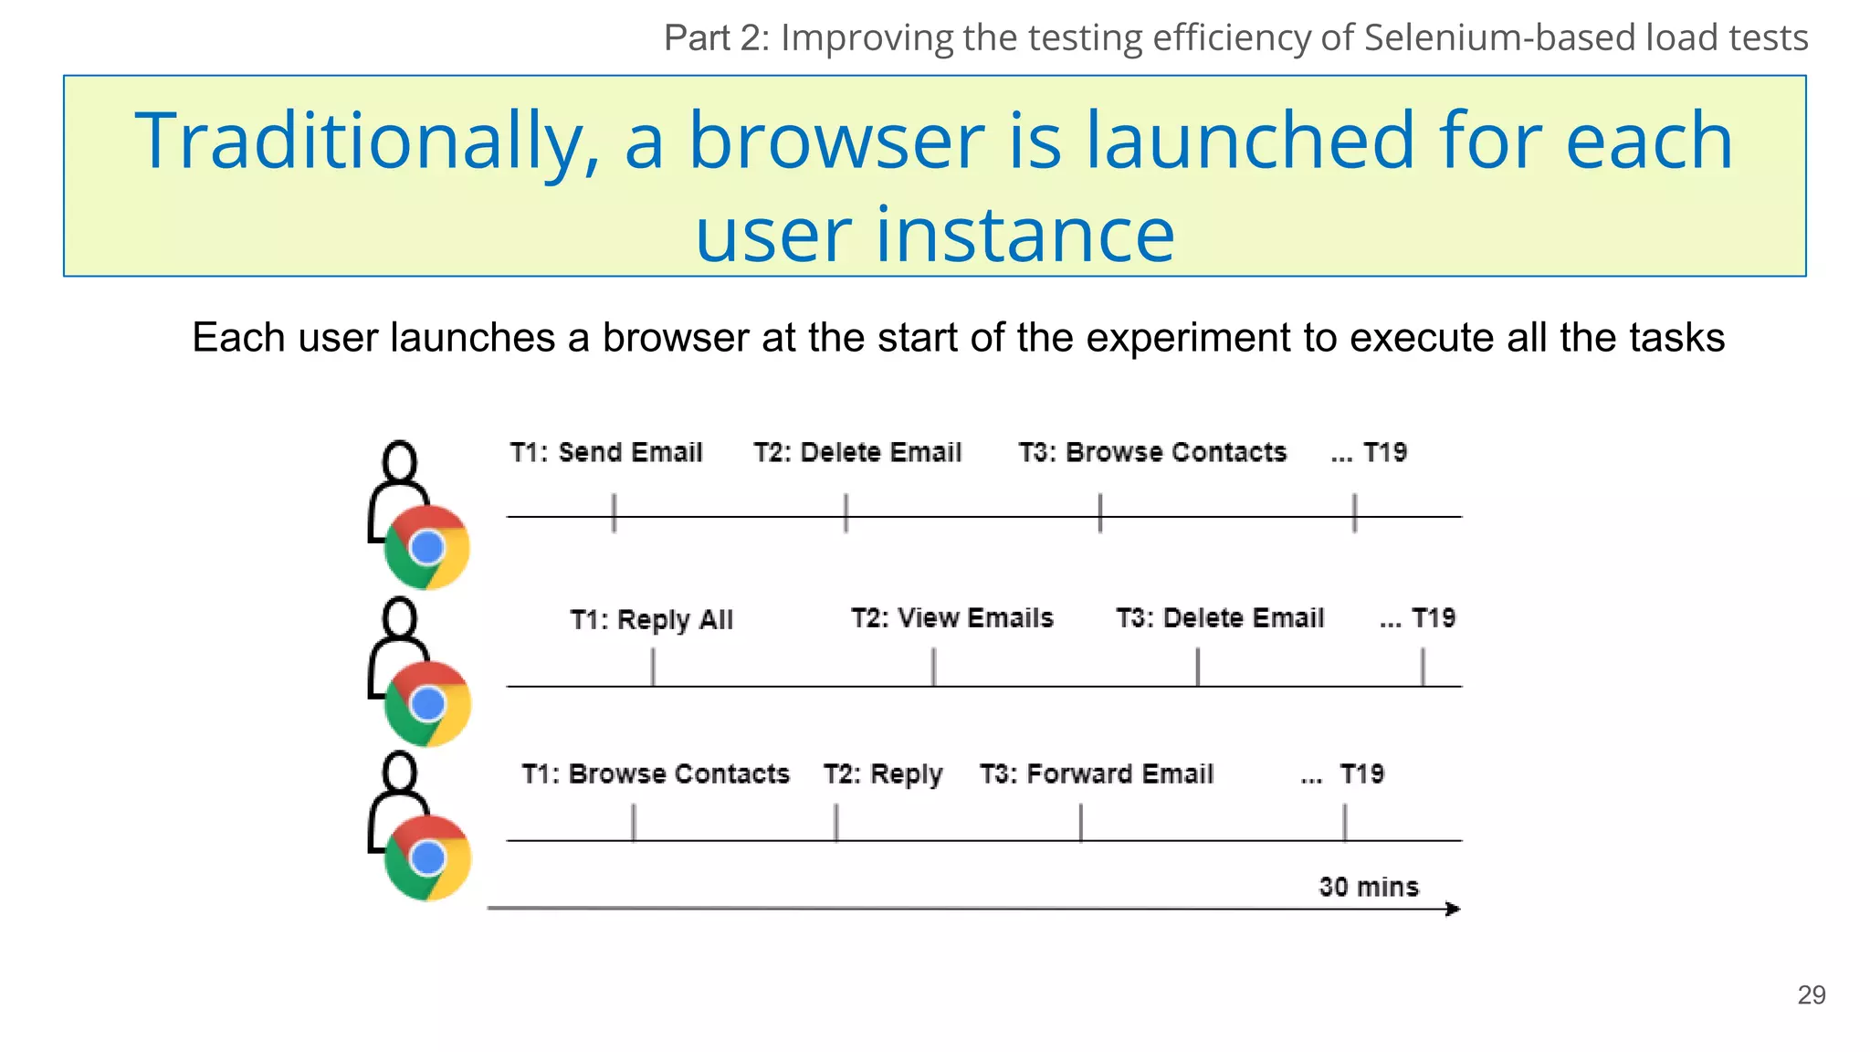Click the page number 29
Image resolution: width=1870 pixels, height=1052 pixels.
tap(1811, 994)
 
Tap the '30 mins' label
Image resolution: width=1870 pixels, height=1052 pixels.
tap(1368, 887)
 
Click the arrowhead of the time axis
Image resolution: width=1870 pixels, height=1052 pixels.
tap(1454, 909)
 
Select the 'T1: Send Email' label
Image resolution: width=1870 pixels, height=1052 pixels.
tap(606, 452)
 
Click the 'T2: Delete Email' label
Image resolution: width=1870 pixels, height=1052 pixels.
tap(857, 452)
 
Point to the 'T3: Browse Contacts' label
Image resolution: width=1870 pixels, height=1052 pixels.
tap(1152, 452)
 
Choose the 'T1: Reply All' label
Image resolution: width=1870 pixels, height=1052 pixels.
tap(651, 619)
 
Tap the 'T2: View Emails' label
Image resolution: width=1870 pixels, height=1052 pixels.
tap(951, 618)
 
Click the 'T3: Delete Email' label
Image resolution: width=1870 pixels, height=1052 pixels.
tap(1219, 618)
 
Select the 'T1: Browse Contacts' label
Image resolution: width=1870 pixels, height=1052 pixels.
tap(655, 773)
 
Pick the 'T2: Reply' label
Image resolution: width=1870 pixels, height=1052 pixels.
tap(882, 773)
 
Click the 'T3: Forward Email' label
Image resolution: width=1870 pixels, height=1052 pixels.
tap(1096, 773)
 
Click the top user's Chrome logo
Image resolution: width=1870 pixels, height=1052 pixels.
tap(427, 547)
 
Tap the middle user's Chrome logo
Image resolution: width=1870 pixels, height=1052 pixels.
tap(427, 703)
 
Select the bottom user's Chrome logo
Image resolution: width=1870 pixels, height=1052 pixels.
tap(427, 857)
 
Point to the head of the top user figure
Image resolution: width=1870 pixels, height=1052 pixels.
tap(400, 461)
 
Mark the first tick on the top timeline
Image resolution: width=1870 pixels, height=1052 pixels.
tap(614, 513)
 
